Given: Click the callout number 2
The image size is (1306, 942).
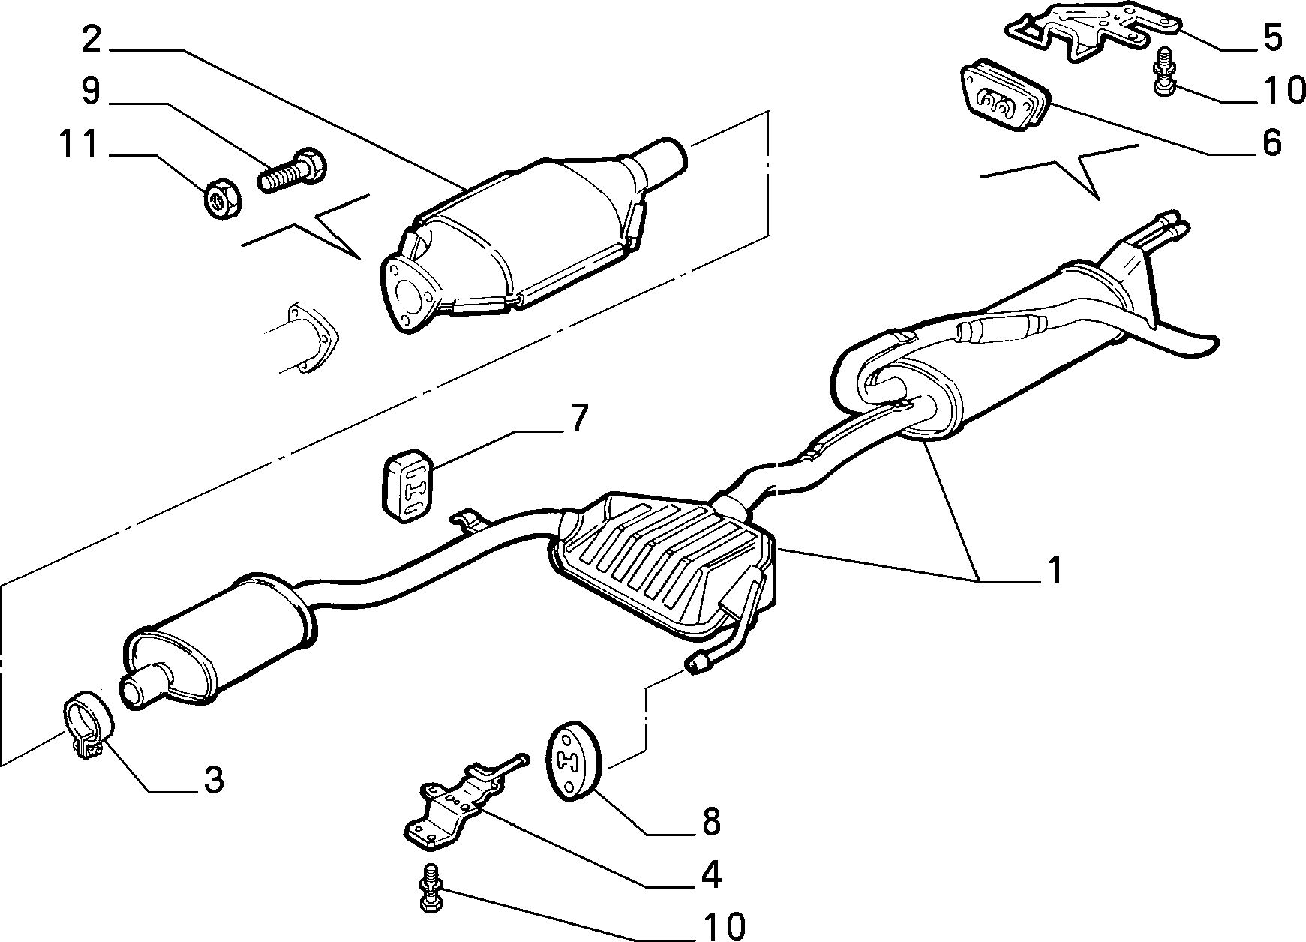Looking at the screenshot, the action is [x=91, y=39].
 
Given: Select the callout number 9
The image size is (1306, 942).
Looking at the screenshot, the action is [x=91, y=91].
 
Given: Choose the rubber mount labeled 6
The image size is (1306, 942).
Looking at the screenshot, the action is [x=1006, y=101].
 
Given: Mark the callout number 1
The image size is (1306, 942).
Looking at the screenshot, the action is [x=1055, y=571].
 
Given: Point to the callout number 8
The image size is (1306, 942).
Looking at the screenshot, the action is [x=711, y=821].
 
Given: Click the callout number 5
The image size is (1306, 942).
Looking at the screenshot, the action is [x=1271, y=37].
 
